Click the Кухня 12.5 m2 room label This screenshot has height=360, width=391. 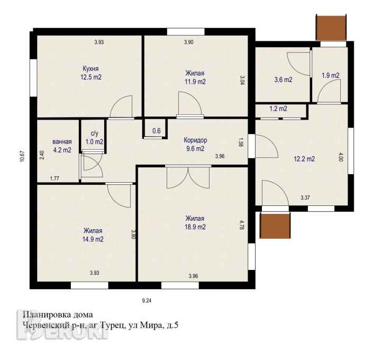pyautogui.click(x=91, y=73)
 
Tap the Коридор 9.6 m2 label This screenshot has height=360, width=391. pyautogui.click(x=195, y=145)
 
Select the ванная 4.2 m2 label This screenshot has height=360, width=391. pyautogui.click(x=62, y=146)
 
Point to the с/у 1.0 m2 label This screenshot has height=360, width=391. pyautogui.click(x=94, y=138)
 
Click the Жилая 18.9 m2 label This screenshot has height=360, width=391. pyautogui.click(x=195, y=223)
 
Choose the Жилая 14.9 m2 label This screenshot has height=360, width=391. pyautogui.click(x=93, y=235)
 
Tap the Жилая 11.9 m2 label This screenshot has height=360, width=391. pyautogui.click(x=195, y=78)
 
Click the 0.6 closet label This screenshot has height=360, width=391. pyautogui.click(x=157, y=131)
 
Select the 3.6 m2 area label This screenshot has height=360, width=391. pyautogui.click(x=283, y=80)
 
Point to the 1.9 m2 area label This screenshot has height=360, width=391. pyautogui.click(x=330, y=75)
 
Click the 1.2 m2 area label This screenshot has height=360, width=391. pyautogui.click(x=278, y=109)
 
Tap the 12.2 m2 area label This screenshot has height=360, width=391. pyautogui.click(x=304, y=159)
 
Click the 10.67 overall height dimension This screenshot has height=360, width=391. pyautogui.click(x=22, y=157)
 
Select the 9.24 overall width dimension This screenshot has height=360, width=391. pyautogui.click(x=147, y=301)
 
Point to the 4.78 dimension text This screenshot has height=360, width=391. pyautogui.click(x=241, y=224)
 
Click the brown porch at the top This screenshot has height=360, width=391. pyautogui.click(x=331, y=27)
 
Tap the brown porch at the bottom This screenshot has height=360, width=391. pyautogui.click(x=275, y=225)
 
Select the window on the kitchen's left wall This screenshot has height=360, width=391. pyautogui.click(x=33, y=78)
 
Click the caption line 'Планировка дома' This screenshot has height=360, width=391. pyautogui.click(x=58, y=315)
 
